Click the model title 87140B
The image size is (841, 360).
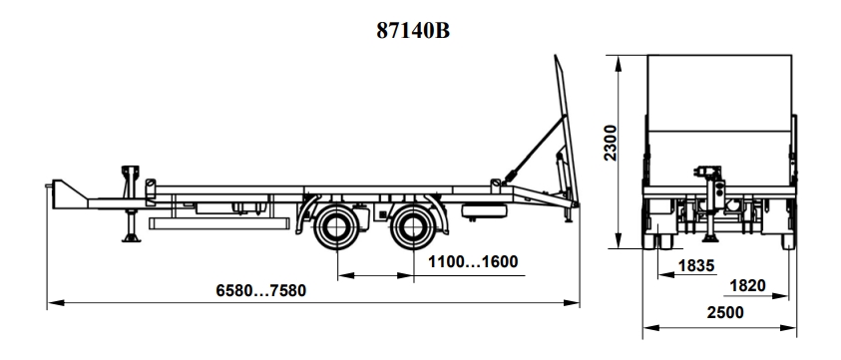(412, 31)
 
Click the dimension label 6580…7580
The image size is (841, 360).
(261, 290)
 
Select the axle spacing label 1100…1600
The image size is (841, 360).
(473, 262)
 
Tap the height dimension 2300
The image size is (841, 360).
(611, 143)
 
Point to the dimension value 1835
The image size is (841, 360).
(696, 265)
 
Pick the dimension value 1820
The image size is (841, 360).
(747, 286)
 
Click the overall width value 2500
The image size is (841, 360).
(725, 312)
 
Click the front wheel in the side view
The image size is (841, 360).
(337, 227)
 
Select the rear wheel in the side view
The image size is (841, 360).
(412, 227)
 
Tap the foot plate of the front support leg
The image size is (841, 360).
(131, 238)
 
